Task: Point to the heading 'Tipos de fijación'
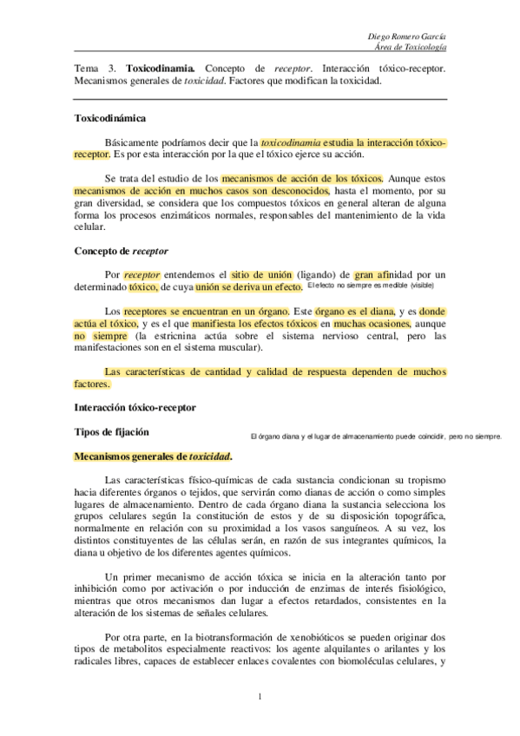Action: click(x=111, y=430)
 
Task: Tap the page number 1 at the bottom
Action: click(x=260, y=696)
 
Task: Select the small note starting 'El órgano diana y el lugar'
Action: click(x=375, y=436)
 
